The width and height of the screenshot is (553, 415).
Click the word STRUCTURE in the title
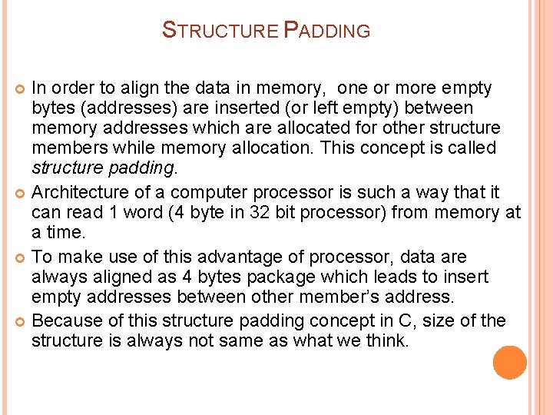tap(220, 32)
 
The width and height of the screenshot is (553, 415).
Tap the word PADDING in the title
tap(327, 32)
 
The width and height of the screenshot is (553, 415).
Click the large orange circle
tap(510, 362)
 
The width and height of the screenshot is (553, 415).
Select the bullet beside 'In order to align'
tap(21, 89)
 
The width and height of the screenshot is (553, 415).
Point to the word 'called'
tap(470, 148)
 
